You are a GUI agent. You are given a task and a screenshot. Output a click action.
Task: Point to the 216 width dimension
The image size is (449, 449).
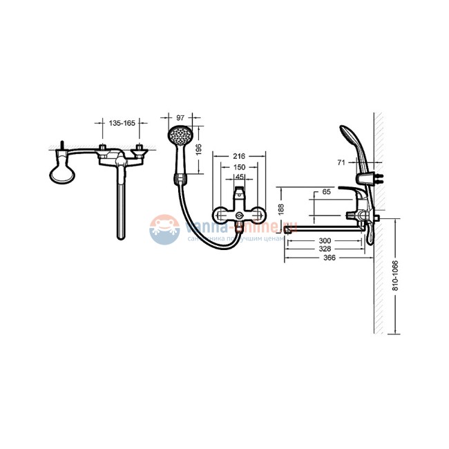239,156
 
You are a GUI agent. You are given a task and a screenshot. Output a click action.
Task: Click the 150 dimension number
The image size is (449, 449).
239,167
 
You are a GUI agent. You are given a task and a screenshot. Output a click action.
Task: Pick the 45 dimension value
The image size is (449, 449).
239,177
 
